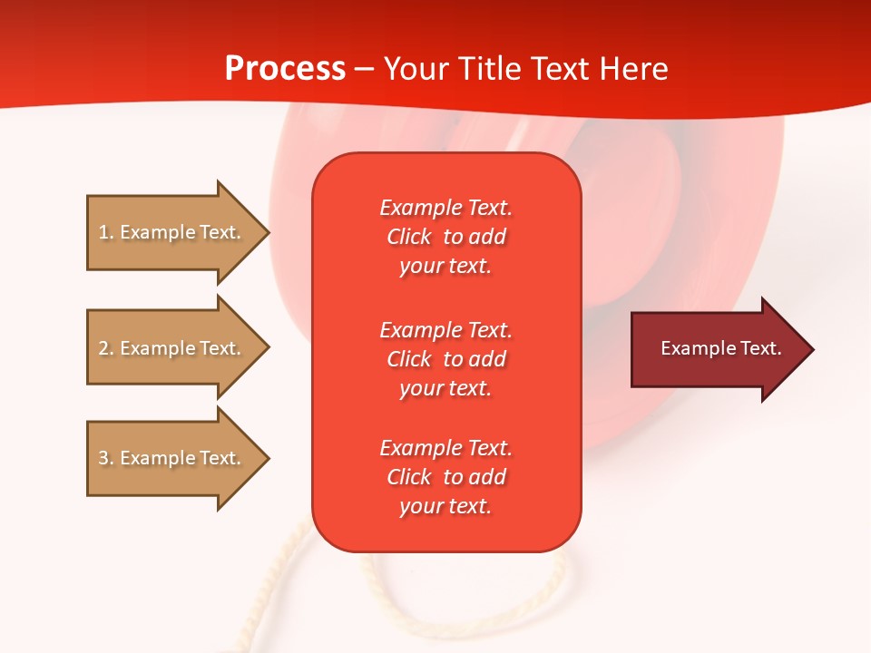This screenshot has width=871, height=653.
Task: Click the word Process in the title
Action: click(x=285, y=69)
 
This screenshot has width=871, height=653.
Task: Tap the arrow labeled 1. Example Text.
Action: click(x=170, y=232)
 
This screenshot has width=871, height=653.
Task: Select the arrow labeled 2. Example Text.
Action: click(x=170, y=348)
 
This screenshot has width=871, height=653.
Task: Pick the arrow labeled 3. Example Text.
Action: click(x=170, y=458)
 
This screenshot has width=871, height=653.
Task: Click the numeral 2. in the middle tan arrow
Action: click(x=106, y=348)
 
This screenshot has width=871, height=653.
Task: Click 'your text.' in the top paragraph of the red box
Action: click(x=445, y=267)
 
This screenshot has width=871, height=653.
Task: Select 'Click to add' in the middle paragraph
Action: click(x=445, y=359)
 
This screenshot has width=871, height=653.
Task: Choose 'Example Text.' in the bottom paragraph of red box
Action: click(x=445, y=448)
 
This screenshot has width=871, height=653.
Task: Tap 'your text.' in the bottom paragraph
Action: click(x=445, y=507)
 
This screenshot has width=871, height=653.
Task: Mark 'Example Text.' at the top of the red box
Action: click(x=445, y=208)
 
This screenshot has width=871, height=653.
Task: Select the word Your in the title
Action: click(x=416, y=69)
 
